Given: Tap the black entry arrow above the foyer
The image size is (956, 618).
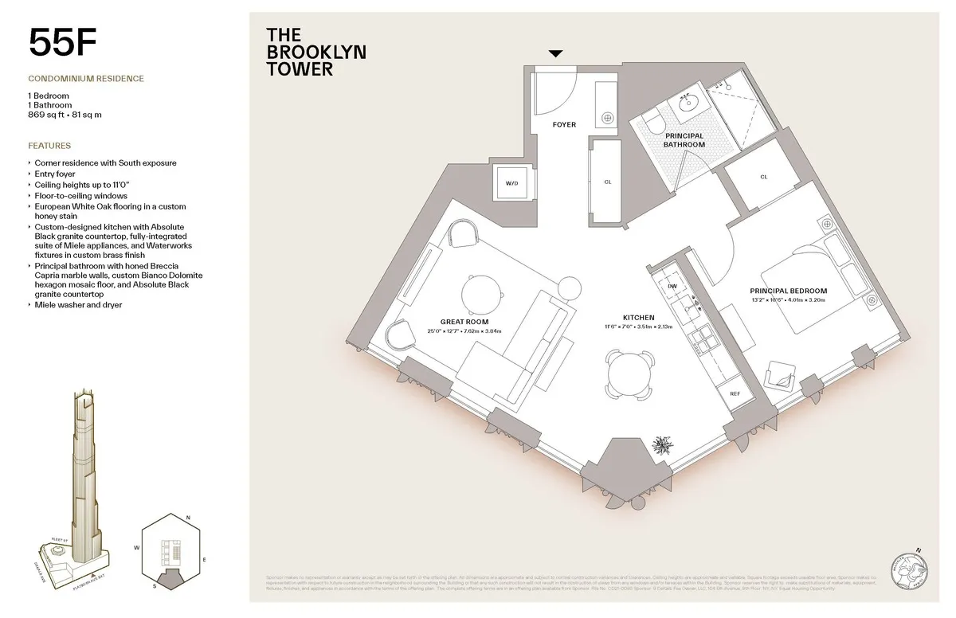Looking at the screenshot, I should click(x=555, y=53).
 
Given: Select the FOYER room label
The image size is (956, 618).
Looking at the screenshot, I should click(x=564, y=125).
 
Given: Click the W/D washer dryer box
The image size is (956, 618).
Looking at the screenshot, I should click(x=511, y=184).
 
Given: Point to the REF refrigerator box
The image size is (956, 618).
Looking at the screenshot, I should click(x=735, y=394).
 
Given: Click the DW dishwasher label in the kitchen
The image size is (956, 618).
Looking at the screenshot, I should click(x=672, y=286).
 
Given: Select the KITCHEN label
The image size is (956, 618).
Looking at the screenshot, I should click(x=639, y=318).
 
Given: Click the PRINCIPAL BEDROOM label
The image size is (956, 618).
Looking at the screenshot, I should click(x=788, y=291).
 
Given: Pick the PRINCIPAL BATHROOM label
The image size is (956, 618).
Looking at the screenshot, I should click(x=684, y=140).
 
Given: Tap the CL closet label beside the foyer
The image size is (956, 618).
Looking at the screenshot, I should click(x=608, y=182).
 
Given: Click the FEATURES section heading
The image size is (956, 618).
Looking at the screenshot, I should click(x=49, y=146).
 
